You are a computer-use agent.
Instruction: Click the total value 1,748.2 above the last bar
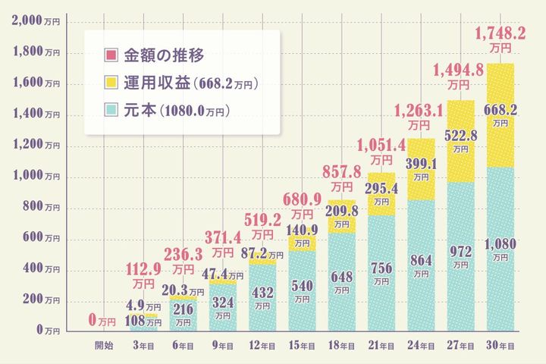point(500,33)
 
